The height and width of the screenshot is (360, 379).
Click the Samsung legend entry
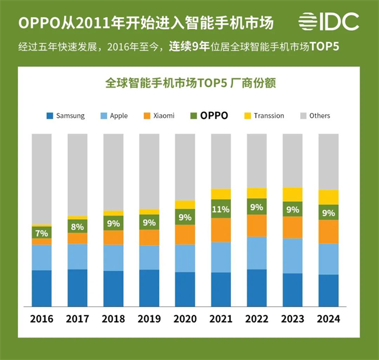tap(65, 115)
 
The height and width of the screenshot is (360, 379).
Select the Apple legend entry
tap(113, 115)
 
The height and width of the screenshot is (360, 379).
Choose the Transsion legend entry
tap(263, 115)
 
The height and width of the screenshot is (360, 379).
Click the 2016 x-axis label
tap(41, 319)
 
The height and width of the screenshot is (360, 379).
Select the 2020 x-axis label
tap(185, 319)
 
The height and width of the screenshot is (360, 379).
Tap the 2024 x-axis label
tap(328, 319)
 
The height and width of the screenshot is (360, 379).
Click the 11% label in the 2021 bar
tap(221, 208)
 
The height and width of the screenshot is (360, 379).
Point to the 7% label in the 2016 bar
tap(41, 232)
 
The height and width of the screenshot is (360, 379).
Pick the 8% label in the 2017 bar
tap(78, 226)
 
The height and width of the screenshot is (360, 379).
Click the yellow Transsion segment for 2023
tap(293, 194)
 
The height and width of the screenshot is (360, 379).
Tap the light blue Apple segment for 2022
tap(256, 253)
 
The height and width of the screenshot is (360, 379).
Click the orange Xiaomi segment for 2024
tap(328, 232)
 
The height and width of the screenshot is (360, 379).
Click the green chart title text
tap(189, 83)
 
